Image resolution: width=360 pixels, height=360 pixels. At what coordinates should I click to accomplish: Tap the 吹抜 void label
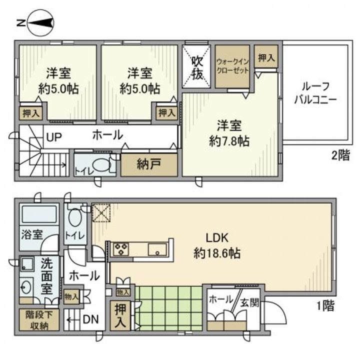[x=197, y=67]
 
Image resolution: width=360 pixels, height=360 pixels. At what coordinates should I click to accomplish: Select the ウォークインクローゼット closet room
[x=232, y=66]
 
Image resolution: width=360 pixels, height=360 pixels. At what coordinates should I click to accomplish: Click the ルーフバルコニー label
[x=315, y=93]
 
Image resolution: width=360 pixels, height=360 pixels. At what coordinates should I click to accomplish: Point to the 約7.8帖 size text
[x=229, y=141]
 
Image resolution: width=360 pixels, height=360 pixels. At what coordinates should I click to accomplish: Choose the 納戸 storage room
[x=149, y=165]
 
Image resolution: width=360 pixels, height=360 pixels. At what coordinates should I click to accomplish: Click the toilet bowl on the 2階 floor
[x=102, y=165]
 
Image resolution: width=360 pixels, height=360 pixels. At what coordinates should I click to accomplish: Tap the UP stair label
[x=54, y=137]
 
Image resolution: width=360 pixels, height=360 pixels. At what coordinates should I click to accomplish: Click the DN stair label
[x=90, y=319]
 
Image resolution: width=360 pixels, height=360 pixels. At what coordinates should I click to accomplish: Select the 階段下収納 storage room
[x=39, y=320]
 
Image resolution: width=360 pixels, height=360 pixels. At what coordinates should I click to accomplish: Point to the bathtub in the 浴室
[x=39, y=214]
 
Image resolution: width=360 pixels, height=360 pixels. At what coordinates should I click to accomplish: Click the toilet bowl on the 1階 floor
[x=75, y=217]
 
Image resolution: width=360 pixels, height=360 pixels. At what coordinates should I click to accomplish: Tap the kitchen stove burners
[x=120, y=249]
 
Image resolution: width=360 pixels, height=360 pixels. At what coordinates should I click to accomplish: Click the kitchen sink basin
[x=157, y=249]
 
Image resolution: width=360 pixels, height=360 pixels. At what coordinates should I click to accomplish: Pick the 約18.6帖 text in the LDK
[x=217, y=253]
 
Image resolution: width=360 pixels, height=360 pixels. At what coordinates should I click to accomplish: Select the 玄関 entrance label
[x=250, y=303]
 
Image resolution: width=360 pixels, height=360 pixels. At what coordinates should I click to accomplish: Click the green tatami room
[x=168, y=308]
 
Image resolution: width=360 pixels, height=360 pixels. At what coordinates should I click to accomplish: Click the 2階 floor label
[x=341, y=155]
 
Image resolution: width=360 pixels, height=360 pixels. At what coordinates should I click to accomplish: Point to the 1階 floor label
[x=325, y=305]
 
